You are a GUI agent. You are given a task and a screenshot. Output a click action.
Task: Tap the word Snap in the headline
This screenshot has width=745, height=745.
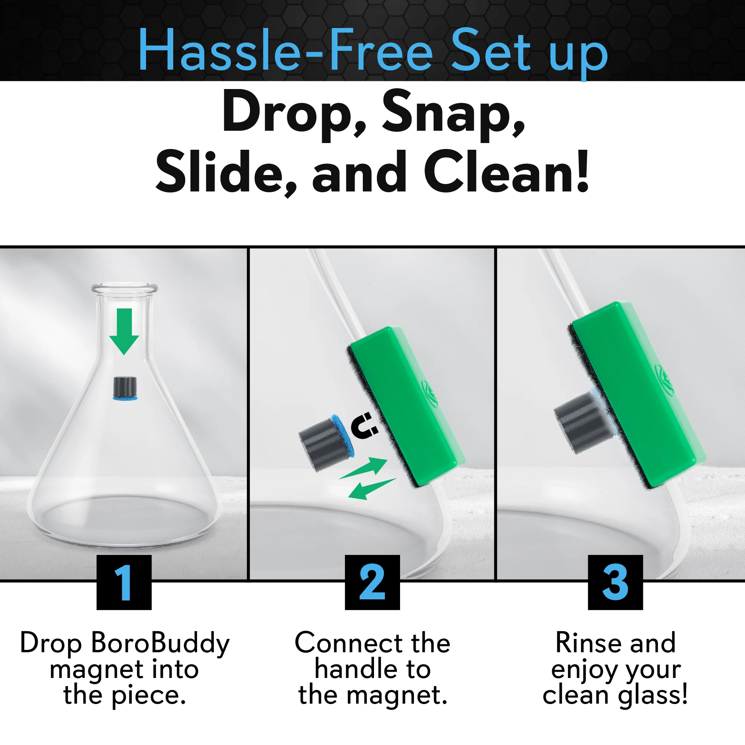pos(453,112)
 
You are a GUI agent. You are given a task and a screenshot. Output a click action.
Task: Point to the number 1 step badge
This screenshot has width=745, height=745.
pos(124,582)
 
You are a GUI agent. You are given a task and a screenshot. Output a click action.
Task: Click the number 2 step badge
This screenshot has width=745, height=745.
pos(372,582)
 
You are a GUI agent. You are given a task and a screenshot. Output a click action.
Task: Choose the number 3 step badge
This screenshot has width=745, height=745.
pos(615,582)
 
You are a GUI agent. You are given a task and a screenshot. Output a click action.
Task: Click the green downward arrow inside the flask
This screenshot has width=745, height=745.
pos(124,332)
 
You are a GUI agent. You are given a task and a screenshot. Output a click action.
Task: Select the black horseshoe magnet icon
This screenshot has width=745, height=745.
pos(364,426)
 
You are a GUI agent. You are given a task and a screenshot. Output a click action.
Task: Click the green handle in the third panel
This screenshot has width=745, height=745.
pos(636,393)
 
